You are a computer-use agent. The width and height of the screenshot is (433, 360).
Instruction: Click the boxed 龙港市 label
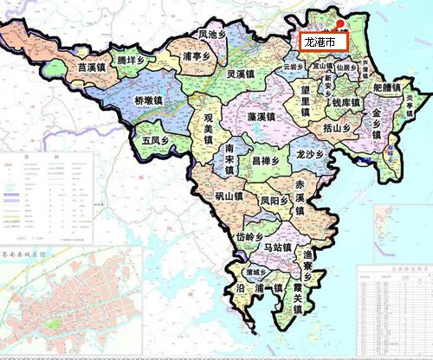pos(324,41)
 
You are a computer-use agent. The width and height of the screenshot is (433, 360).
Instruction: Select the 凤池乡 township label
pos(213,35)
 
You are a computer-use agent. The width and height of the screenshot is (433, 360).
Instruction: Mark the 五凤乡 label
pos(156,138)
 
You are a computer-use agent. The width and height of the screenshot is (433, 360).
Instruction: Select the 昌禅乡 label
pos(265,160)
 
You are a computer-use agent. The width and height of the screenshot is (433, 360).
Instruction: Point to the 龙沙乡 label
pos(309,155)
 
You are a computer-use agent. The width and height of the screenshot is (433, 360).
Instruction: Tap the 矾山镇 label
pos(230,196)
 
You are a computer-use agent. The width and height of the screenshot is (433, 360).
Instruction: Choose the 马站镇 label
pos(280,248)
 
